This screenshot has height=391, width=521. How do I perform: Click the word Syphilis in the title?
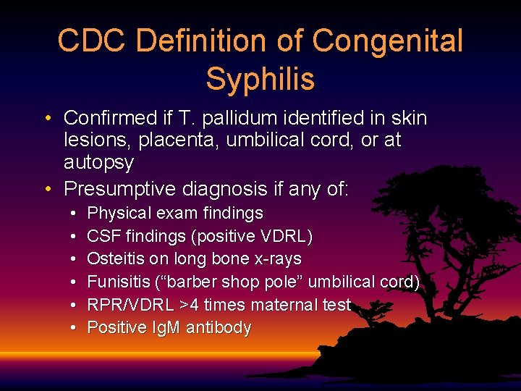[260, 78]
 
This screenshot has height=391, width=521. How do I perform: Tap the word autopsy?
[98, 162]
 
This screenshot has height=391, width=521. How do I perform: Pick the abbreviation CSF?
[101, 236]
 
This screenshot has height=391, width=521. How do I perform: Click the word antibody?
[219, 328]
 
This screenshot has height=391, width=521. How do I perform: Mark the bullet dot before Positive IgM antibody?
[75, 328]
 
